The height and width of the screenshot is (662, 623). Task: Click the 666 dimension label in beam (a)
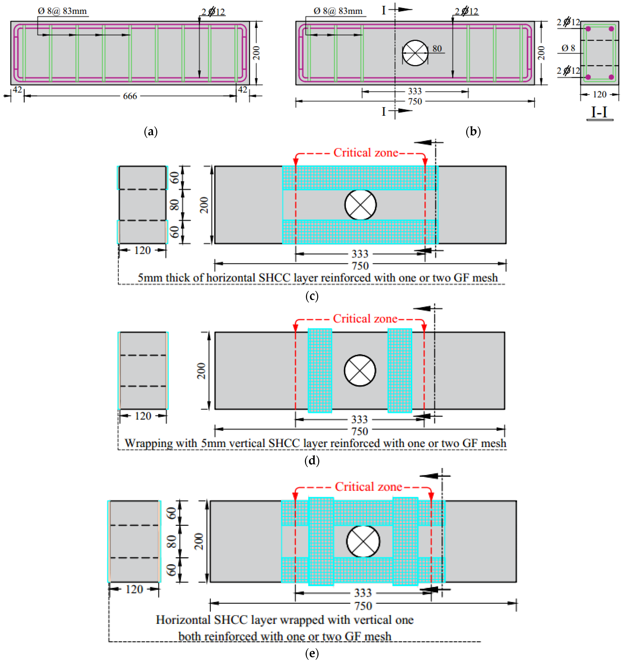click(x=130, y=96)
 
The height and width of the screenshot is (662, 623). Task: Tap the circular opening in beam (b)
click(x=415, y=53)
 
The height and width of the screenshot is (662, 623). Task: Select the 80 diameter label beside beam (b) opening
click(x=437, y=49)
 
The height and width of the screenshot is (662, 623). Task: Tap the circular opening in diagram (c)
click(x=361, y=205)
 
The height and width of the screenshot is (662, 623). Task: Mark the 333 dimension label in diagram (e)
click(x=363, y=593)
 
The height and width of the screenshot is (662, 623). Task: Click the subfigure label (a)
click(x=151, y=132)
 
